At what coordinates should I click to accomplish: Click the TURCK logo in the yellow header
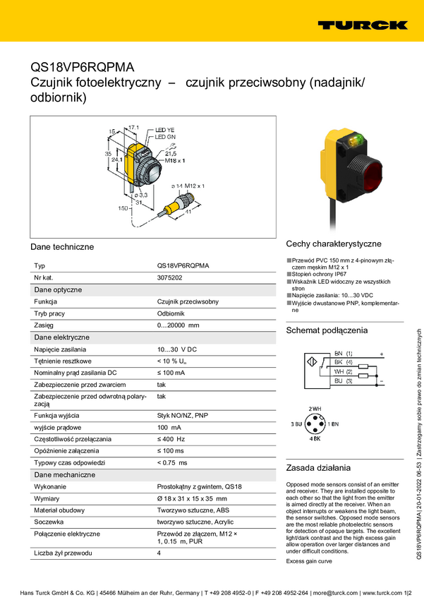tap(362, 25)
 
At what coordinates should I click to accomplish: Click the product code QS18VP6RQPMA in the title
tap(82, 68)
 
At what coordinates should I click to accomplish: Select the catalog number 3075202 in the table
tap(169, 277)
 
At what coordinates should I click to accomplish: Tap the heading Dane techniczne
tap(62, 247)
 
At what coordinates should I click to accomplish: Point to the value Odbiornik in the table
tap(171, 313)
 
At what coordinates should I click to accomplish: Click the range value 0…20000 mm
tap(178, 325)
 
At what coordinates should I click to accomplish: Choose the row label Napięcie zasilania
tap(60, 349)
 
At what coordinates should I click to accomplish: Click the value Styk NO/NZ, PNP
tap(182, 415)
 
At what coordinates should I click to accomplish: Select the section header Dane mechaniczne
tap(64, 474)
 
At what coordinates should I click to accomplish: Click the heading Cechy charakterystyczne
tap(334, 244)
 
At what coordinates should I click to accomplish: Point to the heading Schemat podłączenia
tap(327, 330)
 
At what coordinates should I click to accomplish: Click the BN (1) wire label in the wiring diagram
tap(344, 353)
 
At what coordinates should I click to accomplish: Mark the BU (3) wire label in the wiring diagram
tap(344, 380)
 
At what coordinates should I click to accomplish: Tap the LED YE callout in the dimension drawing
tap(164, 131)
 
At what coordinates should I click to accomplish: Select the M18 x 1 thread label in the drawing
tap(174, 161)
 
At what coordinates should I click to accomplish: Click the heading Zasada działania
tap(318, 467)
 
